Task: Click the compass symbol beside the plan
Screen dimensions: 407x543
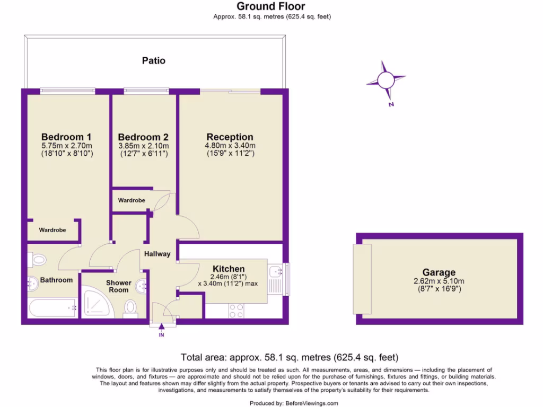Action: click(386, 81)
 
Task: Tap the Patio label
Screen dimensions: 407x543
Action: click(153, 60)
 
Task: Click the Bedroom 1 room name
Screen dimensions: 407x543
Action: click(67, 136)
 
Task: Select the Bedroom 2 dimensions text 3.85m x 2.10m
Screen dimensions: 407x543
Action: click(143, 146)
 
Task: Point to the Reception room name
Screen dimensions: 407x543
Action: click(230, 137)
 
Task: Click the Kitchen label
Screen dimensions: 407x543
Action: click(229, 269)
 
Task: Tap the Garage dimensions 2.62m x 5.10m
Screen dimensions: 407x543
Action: click(439, 281)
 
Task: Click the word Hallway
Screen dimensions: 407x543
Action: click(157, 254)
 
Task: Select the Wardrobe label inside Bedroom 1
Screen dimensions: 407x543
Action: click(52, 231)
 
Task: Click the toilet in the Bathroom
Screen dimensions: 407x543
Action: click(38, 259)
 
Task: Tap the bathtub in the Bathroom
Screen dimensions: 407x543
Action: click(52, 307)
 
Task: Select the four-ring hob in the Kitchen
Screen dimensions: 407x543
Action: click(236, 310)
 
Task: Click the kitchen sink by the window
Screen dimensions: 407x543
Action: click(275, 272)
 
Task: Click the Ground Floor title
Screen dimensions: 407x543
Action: click(271, 6)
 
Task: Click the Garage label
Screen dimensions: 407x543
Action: click(439, 272)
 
